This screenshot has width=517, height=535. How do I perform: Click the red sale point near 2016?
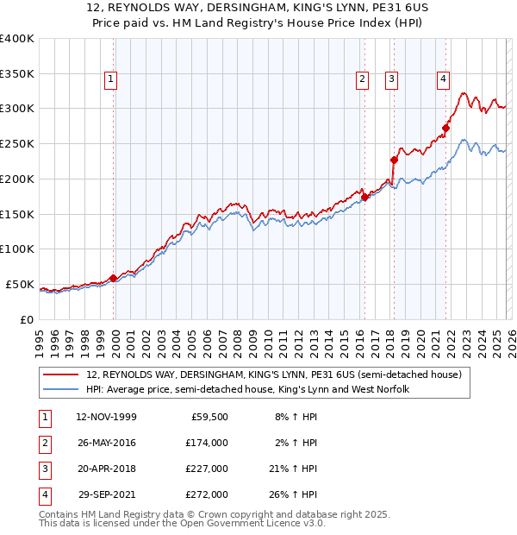coord(364,197)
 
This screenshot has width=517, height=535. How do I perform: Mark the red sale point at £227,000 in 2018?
coord(394,160)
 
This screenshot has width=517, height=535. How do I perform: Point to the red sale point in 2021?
coord(446,129)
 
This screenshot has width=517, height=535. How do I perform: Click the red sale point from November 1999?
coord(114,278)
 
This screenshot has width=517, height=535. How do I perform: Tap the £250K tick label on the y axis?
coord(17,143)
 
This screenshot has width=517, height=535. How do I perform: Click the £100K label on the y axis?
coord(17,249)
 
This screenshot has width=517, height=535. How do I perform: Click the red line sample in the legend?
coord(63,375)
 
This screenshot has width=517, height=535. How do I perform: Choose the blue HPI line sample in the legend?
coord(63,390)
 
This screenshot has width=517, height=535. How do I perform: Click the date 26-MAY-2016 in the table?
coord(106,443)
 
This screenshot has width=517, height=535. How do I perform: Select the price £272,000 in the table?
coord(207,494)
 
